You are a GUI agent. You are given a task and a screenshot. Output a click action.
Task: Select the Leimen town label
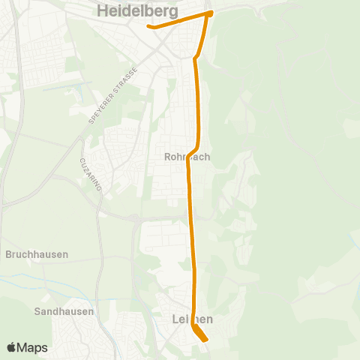click(x=187, y=319)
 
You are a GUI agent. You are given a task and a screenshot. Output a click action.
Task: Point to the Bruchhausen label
click(x=37, y=254)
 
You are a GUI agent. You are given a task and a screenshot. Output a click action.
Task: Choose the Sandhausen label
click(x=64, y=311)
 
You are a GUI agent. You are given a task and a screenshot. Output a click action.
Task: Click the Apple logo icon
click(x=11, y=348)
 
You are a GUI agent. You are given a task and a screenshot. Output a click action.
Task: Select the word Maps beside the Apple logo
click(x=32, y=348)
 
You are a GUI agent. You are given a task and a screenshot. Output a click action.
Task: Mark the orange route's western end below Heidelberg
click(x=150, y=27)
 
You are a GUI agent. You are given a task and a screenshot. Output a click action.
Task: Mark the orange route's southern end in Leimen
click(x=205, y=340)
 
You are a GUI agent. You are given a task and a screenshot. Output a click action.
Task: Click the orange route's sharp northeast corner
click(x=210, y=13)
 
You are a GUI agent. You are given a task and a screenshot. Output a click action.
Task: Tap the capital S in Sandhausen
click(x=38, y=311)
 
